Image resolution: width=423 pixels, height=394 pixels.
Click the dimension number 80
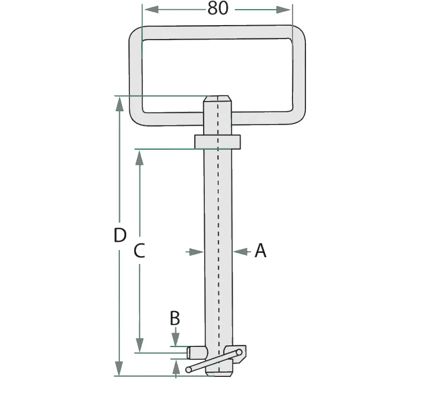[217, 9]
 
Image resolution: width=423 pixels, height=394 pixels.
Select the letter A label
[260, 250]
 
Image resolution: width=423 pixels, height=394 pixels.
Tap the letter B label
[175, 318]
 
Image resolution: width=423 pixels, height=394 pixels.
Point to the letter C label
[139, 250]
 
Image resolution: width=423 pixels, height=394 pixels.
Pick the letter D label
[120, 235]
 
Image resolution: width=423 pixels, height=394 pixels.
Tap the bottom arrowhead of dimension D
[119, 368]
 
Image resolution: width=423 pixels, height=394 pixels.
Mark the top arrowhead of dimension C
[140, 157]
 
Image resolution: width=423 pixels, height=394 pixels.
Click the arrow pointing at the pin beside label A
[239, 250]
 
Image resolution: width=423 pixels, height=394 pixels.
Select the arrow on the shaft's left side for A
[198, 250]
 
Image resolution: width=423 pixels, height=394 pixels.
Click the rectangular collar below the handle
[218, 142]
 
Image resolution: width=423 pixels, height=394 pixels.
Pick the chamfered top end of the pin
[218, 99]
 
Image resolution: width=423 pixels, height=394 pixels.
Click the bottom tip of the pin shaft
[218, 373]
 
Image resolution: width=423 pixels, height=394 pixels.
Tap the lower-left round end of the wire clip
[189, 369]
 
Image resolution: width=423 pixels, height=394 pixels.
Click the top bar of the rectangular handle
[217, 32]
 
